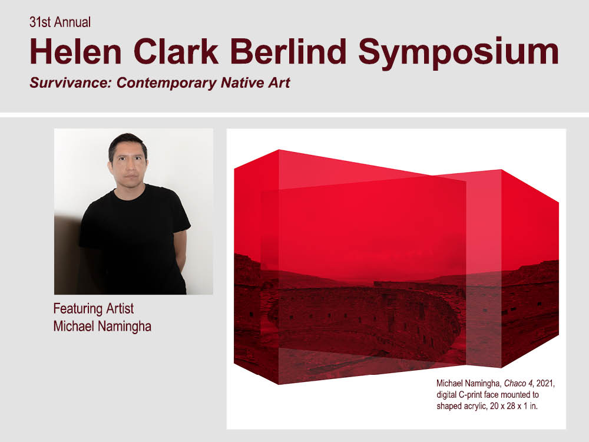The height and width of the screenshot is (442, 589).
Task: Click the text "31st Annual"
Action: (60, 22)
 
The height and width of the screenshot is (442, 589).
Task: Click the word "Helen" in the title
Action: (76, 51)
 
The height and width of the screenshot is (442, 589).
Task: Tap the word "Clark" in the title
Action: (176, 51)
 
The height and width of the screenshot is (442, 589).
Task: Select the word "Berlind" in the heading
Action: (288, 51)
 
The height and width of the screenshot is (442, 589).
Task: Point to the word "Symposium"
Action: (459, 53)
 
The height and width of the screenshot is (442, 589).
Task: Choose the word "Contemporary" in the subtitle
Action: (167, 83)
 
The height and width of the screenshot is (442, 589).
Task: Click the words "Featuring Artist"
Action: (94, 309)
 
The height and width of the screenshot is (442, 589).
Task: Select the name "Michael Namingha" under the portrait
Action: (102, 326)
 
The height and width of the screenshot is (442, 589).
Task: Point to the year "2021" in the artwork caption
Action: (545, 384)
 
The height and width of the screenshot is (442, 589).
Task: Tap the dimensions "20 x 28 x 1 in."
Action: (514, 406)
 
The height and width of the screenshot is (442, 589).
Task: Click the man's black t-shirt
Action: (133, 240)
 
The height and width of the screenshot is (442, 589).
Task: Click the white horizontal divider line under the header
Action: (294, 115)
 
